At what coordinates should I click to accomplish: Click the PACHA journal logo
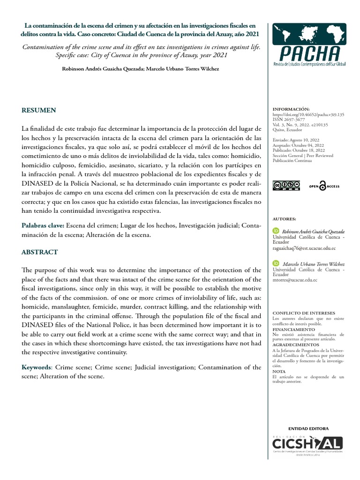click(309, 45)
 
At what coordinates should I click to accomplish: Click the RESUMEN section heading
click(39, 110)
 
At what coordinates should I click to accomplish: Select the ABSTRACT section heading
click(40, 252)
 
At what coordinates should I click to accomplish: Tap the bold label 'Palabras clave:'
click(43, 226)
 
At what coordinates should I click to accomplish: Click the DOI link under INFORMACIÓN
click(308, 114)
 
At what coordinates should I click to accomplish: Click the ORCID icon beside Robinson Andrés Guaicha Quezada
click(276, 232)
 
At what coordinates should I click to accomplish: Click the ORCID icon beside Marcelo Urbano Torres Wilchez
click(276, 264)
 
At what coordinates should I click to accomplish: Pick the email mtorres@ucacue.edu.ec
click(295, 280)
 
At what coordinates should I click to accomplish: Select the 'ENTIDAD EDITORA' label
click(308, 428)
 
